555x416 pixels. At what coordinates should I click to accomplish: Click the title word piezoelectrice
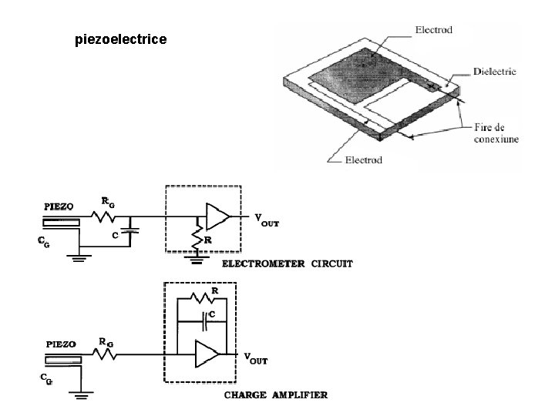(119, 38)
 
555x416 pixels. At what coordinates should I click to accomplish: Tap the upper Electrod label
(434, 30)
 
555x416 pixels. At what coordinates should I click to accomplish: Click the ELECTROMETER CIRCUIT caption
(288, 263)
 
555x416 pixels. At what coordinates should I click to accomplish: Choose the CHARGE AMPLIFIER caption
(276, 395)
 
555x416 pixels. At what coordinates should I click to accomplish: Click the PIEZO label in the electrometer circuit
(59, 206)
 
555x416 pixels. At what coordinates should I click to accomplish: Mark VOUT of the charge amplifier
(256, 357)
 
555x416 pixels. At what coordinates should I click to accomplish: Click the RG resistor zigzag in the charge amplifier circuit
(106, 354)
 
